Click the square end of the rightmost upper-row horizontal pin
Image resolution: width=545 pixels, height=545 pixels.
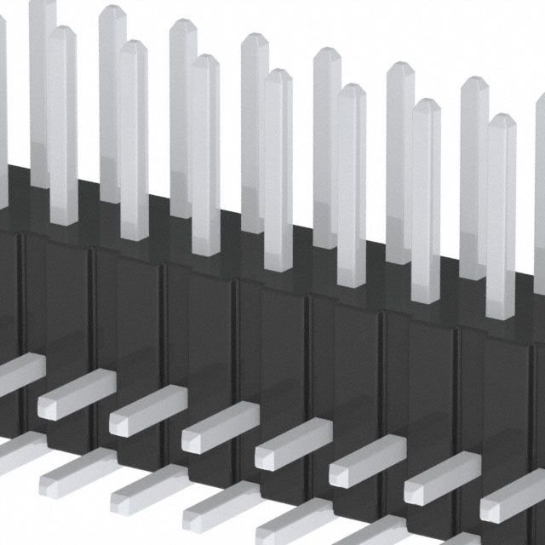(497, 509)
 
